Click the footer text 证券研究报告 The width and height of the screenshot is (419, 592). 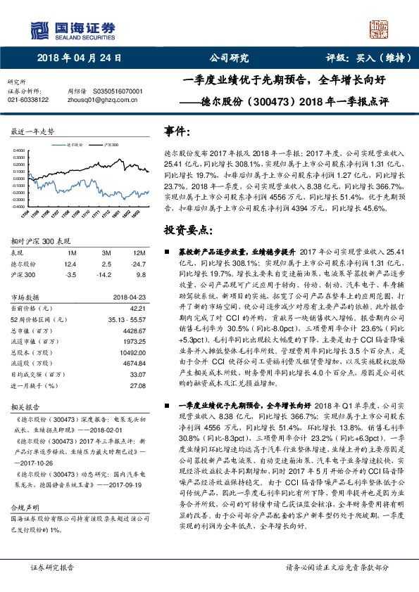51,585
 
